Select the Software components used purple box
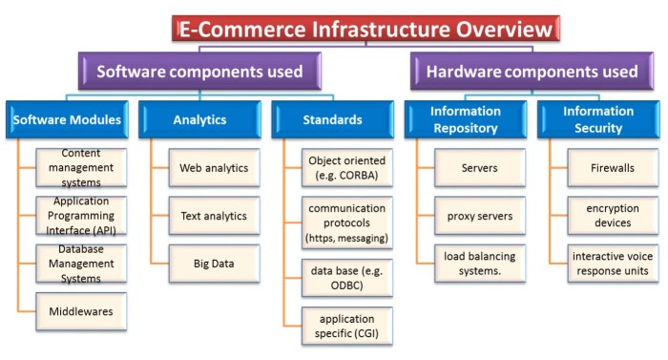tap(199, 72)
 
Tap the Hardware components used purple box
tap(532, 72)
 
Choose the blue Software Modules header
tap(66, 120)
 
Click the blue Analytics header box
tap(199, 120)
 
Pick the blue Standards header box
tap(333, 120)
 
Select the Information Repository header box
tap(465, 120)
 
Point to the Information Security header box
tap(598, 120)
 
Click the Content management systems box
tap(81, 167)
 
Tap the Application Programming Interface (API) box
tap(81, 215)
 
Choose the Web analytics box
tap(214, 168)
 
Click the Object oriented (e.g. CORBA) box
tap(346, 168)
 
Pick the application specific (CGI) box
tap(346, 326)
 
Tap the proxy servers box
tap(479, 216)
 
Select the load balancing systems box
tap(479, 263)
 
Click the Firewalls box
tap(612, 168)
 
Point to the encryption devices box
tap(612, 216)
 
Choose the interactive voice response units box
tap(612, 263)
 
